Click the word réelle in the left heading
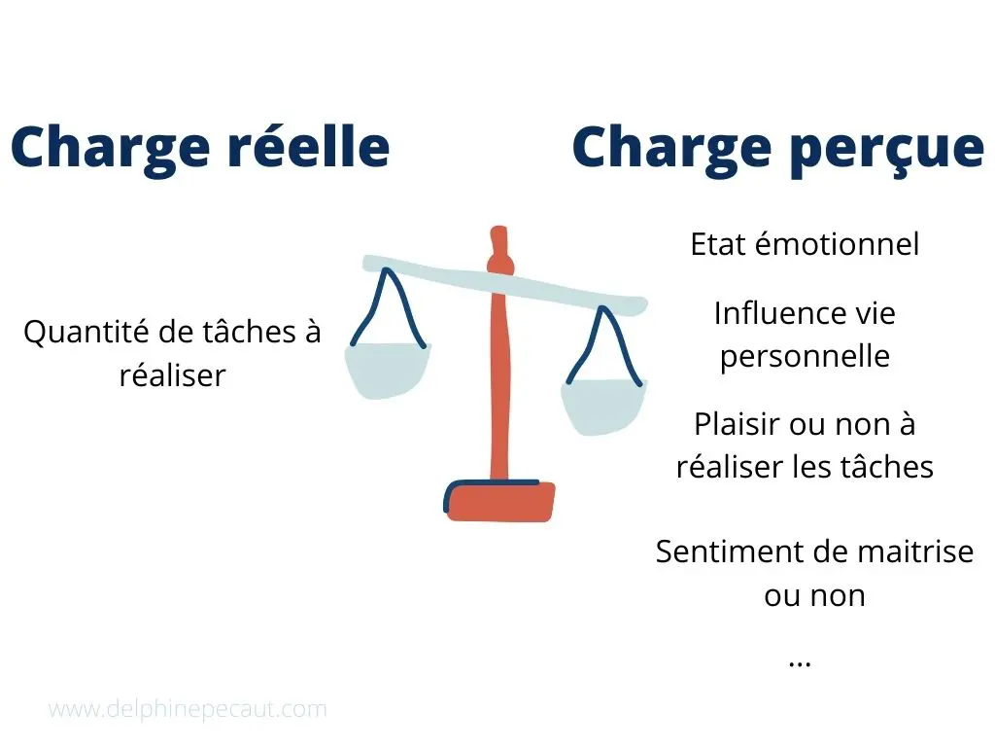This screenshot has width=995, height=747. coord(308,146)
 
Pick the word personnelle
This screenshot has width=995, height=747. coord(805,356)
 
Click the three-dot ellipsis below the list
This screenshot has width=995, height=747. coord(800,663)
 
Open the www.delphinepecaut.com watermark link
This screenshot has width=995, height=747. coord(188,709)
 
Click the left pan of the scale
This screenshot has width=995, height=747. coord(387,371)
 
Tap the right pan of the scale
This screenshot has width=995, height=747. coord(603,407)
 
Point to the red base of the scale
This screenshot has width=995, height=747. coord(499,501)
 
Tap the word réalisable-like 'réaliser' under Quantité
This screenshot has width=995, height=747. coord(173,375)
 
